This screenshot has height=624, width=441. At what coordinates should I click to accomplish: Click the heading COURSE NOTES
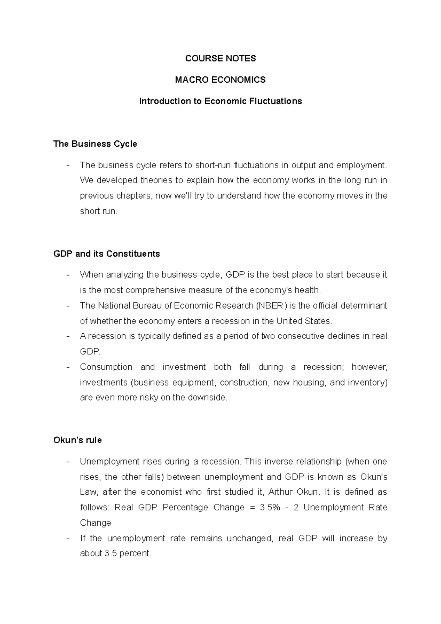(220, 58)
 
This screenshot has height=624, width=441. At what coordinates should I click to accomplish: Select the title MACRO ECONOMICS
(220, 80)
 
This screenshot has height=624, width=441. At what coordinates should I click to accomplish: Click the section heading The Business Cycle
(95, 144)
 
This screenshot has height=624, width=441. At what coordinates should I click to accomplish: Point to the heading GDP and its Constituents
(107, 254)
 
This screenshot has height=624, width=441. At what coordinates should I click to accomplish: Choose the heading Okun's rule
(78, 440)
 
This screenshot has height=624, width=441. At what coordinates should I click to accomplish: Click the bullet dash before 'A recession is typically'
(68, 336)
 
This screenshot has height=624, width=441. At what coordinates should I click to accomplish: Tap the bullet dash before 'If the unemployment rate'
(68, 538)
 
